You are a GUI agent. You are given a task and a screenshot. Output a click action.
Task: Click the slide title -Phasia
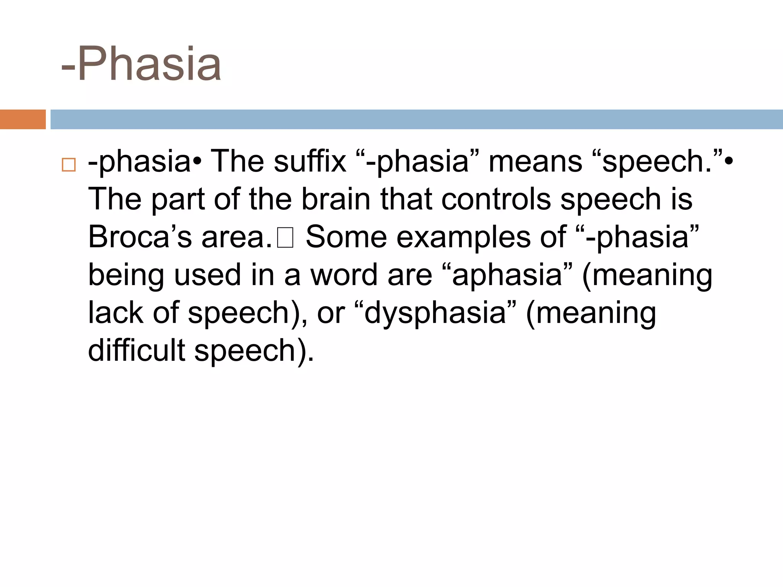tap(141, 64)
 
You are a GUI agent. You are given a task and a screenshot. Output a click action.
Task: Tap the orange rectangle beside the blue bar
tap(23, 119)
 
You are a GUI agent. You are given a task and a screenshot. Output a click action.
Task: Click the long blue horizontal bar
tap(416, 119)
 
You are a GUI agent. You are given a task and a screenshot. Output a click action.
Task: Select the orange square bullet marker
tap(68, 165)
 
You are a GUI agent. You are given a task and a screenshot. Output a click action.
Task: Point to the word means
tap(535, 161)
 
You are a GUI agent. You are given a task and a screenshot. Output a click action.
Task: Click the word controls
tap(496, 199)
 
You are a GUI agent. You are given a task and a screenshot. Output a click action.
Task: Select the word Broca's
tap(140, 237)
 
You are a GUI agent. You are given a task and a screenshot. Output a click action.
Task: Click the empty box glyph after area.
tap(285, 238)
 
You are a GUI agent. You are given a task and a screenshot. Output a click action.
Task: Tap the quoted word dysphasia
tap(436, 313)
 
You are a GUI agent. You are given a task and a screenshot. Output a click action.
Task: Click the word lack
tap(116, 313)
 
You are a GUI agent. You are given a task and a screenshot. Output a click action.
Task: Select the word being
tap(126, 276)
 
